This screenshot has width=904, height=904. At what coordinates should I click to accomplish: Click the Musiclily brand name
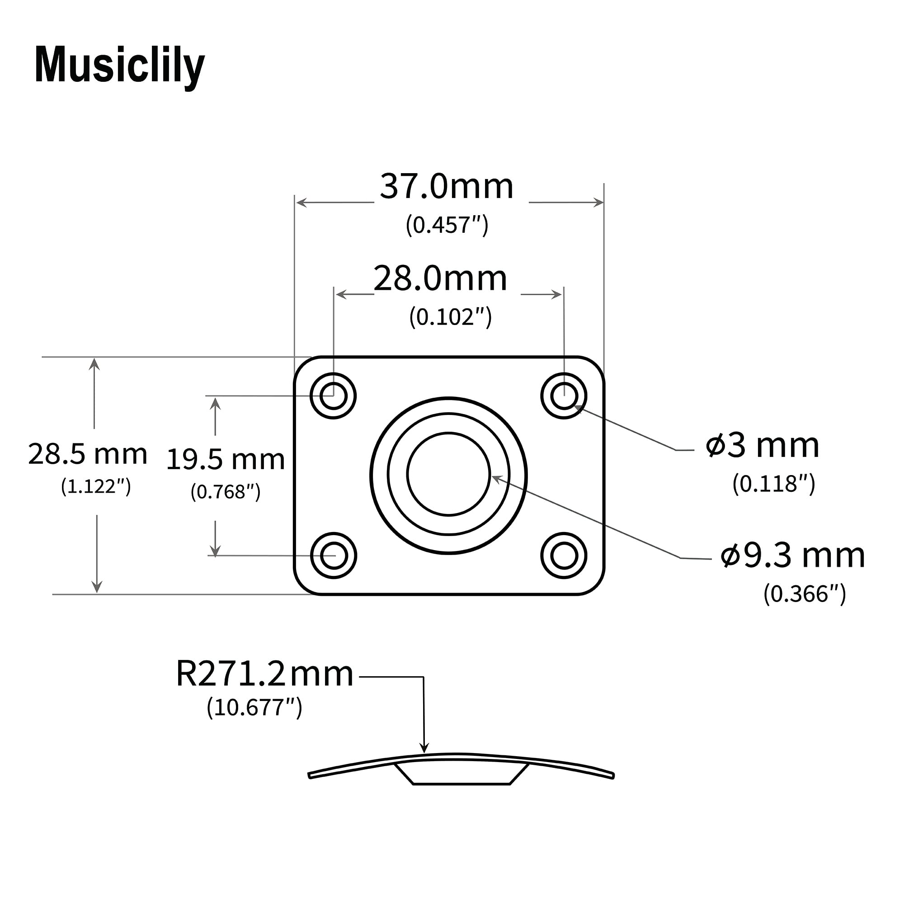coord(119,66)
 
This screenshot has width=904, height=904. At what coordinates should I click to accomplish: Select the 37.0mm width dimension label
coord(447,187)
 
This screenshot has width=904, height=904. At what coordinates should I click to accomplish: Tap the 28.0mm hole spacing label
coord(440,278)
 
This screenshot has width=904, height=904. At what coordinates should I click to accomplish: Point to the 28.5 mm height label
coord(88,454)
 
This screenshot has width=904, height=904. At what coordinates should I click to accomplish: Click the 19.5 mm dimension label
coord(225,459)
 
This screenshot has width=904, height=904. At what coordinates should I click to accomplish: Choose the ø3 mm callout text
coord(763,446)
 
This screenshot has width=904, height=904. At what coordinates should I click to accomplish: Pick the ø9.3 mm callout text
coord(793,556)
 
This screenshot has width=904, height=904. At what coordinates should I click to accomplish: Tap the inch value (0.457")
coord(447,225)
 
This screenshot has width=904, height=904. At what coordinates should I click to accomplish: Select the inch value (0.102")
coord(450,317)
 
